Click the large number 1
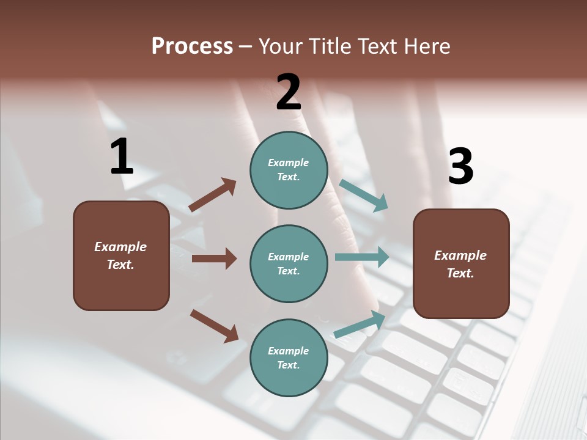coord(122,156)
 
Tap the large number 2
coord(289,92)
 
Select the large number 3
coord(460,167)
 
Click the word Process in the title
coord(192,46)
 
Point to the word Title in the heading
coord(330,46)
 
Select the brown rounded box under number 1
coord(121,255)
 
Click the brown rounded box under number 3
coord(461,264)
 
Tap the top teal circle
coord(289,170)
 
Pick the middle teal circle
coord(289,264)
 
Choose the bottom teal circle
coord(289,358)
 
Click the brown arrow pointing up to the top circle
coord(212,195)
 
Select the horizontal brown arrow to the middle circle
coord(214,258)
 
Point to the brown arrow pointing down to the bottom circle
coord(214,326)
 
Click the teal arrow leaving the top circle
coord(364,196)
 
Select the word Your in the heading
coord(281,46)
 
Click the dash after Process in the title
coord(246,46)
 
